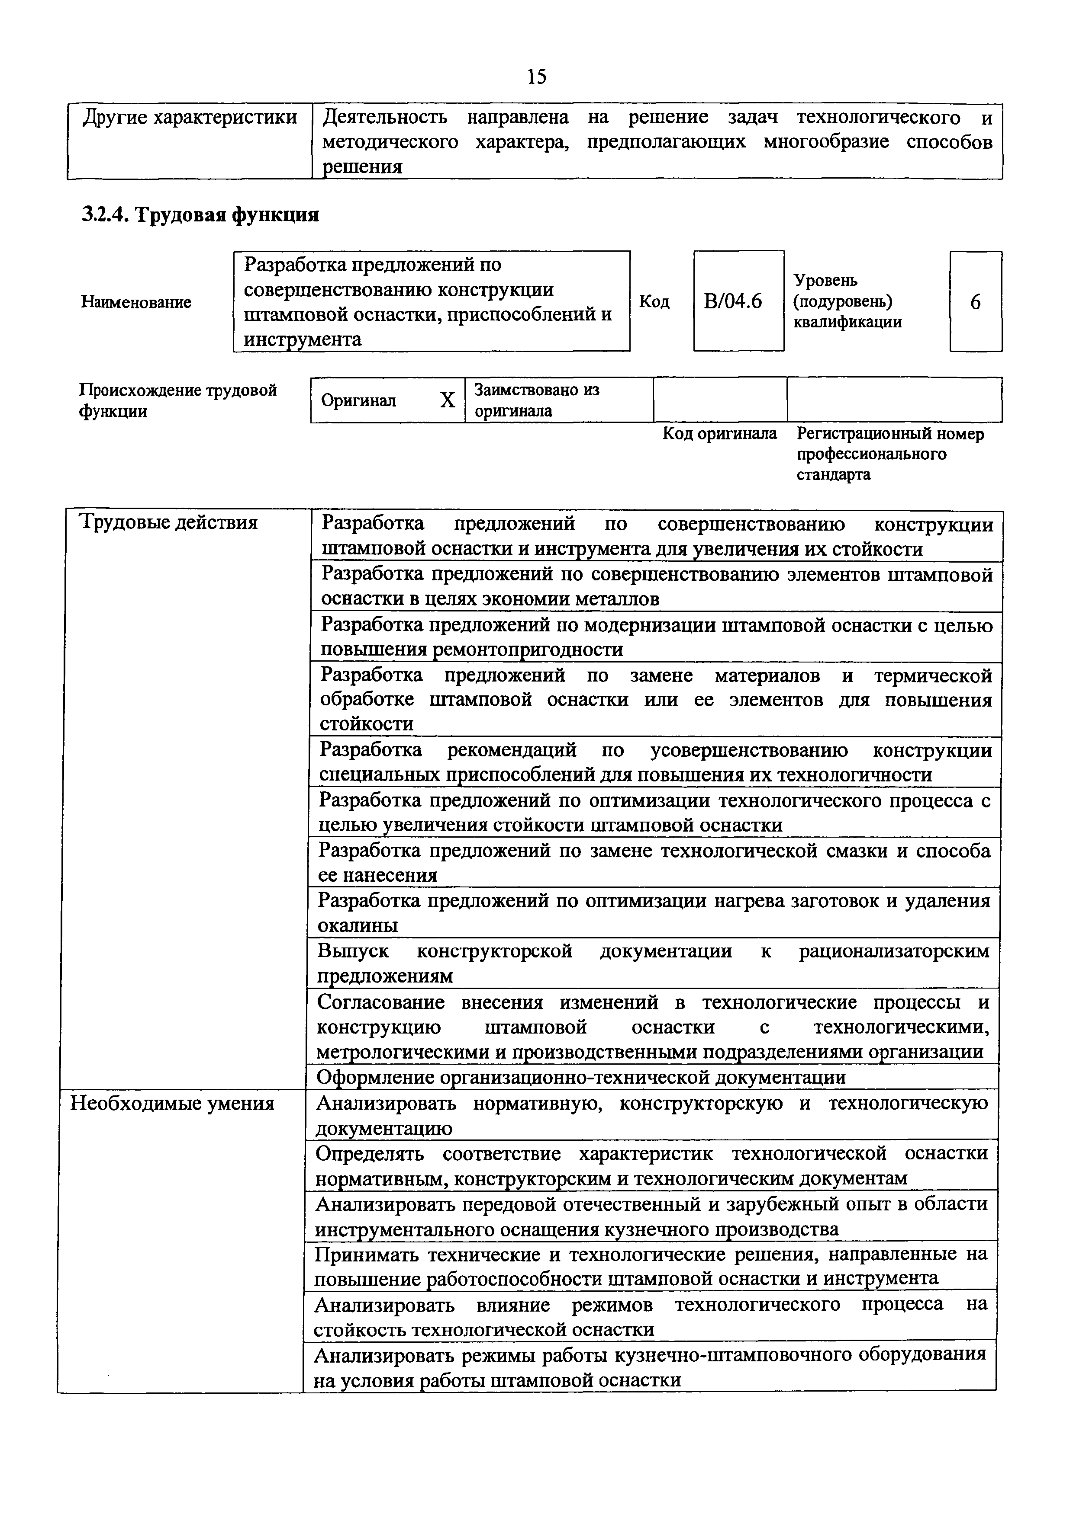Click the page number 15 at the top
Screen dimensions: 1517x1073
point(537,77)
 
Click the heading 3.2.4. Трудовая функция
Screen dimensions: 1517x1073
point(200,215)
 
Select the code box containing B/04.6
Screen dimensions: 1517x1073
point(738,301)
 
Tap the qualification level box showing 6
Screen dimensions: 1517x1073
point(975,302)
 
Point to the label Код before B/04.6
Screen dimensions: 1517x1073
point(654,302)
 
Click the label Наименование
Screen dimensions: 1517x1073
point(136,302)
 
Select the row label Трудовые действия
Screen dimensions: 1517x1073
point(168,523)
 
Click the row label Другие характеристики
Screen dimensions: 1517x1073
point(190,118)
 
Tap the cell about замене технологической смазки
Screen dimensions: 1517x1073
point(654,863)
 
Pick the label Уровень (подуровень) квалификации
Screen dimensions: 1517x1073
point(847,301)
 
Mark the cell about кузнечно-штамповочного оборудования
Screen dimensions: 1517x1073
point(649,1367)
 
